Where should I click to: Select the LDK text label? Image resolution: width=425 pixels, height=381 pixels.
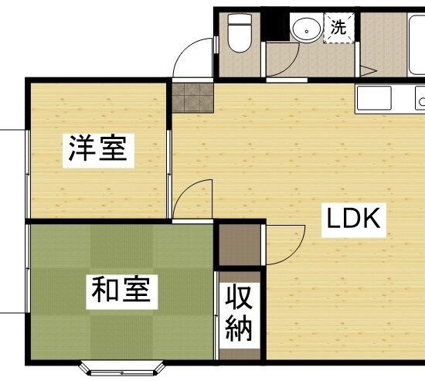coord(353,219)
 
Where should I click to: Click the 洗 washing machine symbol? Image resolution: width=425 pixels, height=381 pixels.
coord(338,28)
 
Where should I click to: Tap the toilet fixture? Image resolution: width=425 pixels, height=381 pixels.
coord(240,32)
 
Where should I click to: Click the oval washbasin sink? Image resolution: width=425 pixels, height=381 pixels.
coord(306,30)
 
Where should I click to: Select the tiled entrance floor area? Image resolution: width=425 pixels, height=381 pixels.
coord(192,97)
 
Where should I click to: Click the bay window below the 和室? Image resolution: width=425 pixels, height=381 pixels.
coord(121,369)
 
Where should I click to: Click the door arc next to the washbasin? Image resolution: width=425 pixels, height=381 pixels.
coord(289,66)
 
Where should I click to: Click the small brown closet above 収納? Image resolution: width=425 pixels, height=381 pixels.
coord(240,245)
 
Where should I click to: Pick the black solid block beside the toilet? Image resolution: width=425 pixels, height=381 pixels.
coord(275,26)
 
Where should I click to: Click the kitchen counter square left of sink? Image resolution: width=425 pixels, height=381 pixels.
coord(374,98)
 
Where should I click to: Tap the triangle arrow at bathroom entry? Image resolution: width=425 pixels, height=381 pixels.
coord(368,71)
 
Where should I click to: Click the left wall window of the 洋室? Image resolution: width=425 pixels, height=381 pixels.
coord(28,174)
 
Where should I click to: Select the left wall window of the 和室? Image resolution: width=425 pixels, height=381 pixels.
coord(28,268)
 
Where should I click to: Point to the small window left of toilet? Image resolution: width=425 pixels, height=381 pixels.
coord(216,45)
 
